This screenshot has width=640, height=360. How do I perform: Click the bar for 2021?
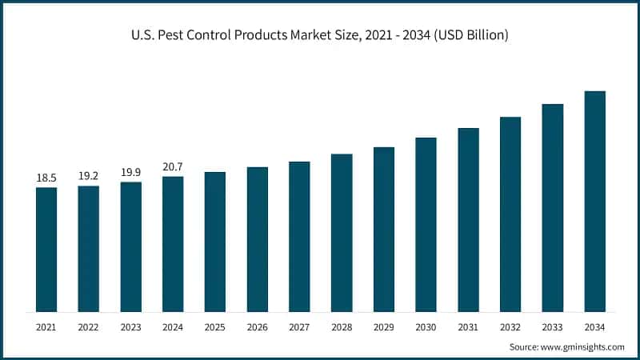[x=46, y=250]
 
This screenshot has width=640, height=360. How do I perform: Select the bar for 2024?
[x=173, y=244]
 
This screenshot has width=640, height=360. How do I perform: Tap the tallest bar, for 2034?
[x=594, y=202]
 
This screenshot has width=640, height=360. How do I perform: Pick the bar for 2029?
[x=384, y=230]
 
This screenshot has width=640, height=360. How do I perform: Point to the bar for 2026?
[x=257, y=239]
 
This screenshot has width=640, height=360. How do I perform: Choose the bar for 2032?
[x=510, y=214]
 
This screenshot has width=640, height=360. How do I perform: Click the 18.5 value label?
[x=46, y=178]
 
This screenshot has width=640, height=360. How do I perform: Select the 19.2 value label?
[x=88, y=176]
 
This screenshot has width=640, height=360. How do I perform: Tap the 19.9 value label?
[x=130, y=172]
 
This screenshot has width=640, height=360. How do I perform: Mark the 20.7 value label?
[x=173, y=166]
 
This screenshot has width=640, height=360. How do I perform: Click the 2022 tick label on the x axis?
[x=88, y=326]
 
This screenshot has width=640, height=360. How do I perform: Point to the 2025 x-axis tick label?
[x=214, y=326]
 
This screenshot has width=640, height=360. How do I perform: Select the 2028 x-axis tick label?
[x=342, y=326]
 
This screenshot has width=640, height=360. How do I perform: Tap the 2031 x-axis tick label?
[x=468, y=326]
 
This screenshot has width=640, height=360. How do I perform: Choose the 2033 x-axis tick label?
[x=552, y=326]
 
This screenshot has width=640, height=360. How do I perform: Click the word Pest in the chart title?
[x=168, y=36]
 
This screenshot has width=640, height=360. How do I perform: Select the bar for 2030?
[x=426, y=225]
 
